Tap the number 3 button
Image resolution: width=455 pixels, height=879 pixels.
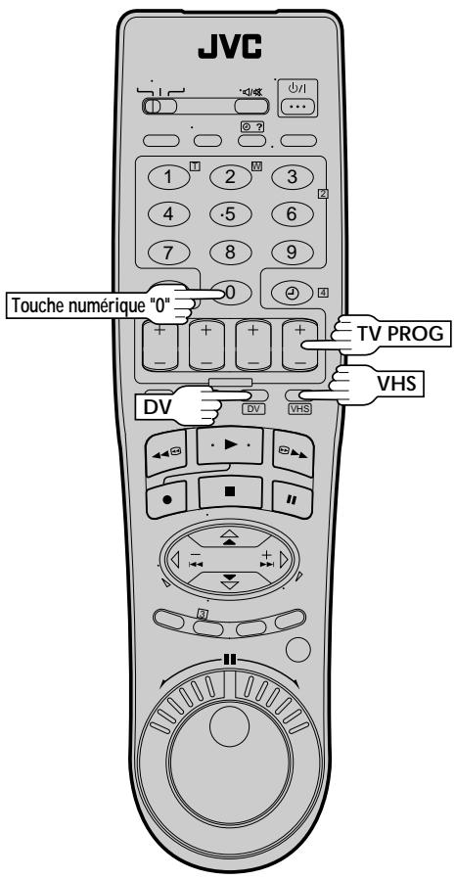[x=292, y=177]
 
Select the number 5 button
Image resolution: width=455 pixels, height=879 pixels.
[x=230, y=214]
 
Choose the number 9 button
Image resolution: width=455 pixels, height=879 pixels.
[x=292, y=252]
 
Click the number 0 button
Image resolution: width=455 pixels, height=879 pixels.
[x=230, y=292]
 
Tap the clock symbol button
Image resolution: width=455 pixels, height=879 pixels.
[x=292, y=292]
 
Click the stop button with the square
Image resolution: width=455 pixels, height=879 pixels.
[x=230, y=492]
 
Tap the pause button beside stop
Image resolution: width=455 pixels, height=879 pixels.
[x=292, y=499]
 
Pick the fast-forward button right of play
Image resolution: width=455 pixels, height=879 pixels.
[x=294, y=453]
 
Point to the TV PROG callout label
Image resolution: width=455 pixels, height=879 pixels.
[x=401, y=334]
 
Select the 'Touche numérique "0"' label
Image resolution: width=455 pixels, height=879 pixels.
[x=92, y=305]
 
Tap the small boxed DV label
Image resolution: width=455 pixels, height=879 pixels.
[x=252, y=409]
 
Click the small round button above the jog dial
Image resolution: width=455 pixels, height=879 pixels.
[x=298, y=650]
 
